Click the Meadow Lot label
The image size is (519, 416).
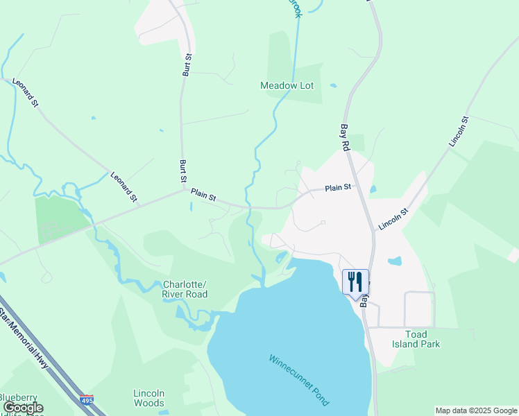point(287,85)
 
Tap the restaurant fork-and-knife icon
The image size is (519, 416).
point(355,281)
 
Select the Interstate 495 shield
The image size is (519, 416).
point(87,400)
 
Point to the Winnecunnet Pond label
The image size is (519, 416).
point(299,381)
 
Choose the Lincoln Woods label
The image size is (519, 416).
point(149,397)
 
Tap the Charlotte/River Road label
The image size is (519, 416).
point(185,289)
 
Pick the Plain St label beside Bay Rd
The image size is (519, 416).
point(339,187)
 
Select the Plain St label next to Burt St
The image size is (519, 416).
point(204,197)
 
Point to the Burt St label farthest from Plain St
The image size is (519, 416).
point(187,64)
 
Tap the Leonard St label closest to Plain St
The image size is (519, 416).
point(124,187)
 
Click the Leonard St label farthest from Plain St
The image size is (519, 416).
point(25,92)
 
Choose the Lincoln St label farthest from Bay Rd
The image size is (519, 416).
point(459,130)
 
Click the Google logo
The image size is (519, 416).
point(23,408)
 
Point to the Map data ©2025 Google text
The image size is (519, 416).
point(476,410)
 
